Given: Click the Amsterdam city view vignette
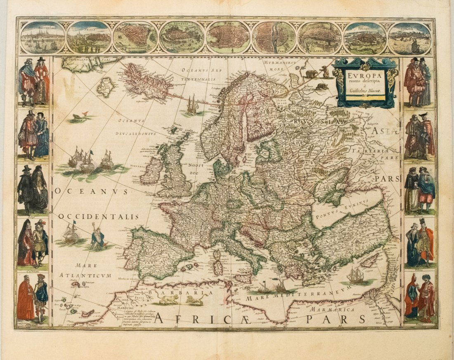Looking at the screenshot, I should coord(43,37).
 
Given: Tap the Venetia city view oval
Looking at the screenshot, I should coord(181,37).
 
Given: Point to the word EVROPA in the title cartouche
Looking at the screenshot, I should coord(364,76).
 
